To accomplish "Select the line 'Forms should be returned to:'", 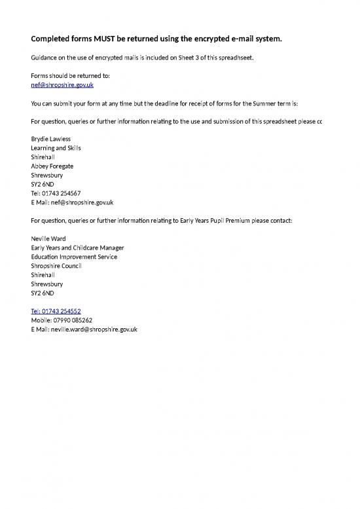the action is (70, 76).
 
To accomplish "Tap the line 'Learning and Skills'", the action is (56, 148).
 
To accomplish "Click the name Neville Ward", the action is (48, 238).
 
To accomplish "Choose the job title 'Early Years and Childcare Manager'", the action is (77, 248).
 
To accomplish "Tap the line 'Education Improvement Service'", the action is (74, 257).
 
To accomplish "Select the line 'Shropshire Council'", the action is (57, 266).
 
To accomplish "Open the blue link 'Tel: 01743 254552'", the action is (56, 311).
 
